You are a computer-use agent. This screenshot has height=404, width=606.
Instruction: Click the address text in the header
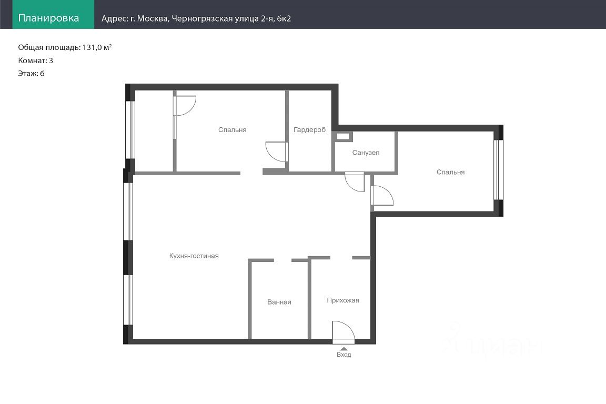pos(196,18)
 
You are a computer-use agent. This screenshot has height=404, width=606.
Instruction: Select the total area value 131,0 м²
pos(97,47)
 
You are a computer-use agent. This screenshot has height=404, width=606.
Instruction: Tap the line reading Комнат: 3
pos(36,60)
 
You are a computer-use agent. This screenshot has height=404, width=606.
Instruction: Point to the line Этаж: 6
pos(32,74)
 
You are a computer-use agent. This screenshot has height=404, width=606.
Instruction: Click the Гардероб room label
pos(309,130)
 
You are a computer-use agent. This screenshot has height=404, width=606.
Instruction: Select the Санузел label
pos(366,153)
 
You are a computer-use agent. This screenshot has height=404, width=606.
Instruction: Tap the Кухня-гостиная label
pos(194,256)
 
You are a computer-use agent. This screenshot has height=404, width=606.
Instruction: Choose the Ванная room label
pos(279,302)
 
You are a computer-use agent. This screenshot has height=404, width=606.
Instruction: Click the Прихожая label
pos(343,300)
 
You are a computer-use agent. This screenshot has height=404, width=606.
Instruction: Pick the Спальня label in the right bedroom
pos(450,173)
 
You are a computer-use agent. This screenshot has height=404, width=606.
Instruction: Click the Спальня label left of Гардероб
pos(232,130)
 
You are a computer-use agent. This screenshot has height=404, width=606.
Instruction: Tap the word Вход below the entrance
pos(344,355)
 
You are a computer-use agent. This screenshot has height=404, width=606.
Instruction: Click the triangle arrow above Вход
pos(344,349)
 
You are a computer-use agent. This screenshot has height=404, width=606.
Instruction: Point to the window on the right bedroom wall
pos(499,170)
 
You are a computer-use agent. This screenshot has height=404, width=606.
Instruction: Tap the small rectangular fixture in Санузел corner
pos(343,136)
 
